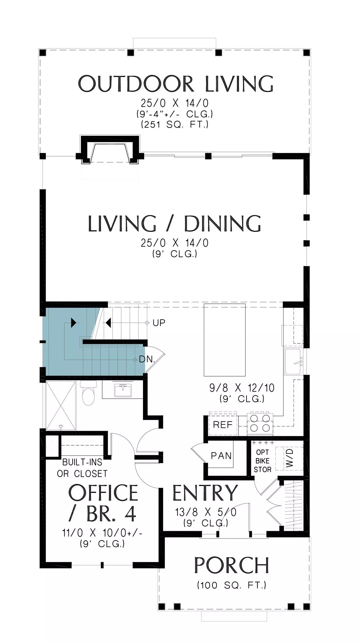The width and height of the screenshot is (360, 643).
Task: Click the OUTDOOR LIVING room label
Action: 175,84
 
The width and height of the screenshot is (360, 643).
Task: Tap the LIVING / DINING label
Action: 175,224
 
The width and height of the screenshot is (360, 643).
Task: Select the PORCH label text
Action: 231,565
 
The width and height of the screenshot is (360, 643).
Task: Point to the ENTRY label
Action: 205,493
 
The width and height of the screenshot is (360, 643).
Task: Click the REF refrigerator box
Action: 223,425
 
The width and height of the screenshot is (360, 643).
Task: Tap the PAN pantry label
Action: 221,456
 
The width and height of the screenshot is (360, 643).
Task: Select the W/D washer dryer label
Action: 290,458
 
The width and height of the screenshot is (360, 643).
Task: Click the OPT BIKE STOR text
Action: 263,461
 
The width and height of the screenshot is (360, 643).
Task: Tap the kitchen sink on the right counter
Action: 293,362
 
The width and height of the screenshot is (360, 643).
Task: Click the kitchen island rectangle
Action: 225,340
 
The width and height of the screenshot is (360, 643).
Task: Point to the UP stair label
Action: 159,323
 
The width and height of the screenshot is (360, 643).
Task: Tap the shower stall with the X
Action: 61,405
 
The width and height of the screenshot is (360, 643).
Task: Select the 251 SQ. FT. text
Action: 175,124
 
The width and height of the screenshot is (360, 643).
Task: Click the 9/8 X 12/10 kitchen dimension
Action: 242,388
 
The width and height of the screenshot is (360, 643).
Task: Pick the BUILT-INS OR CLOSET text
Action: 82,468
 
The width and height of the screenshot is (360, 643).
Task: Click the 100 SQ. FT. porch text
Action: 231,585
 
